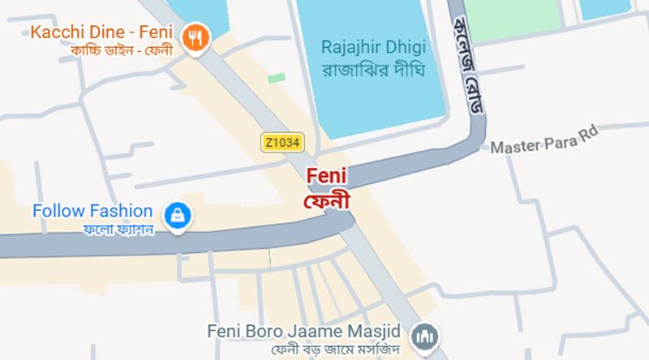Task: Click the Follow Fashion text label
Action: click(x=92, y=212)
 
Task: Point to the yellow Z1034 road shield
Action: click(x=282, y=142)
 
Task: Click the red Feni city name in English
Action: click(x=325, y=174)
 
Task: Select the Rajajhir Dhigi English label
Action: click(x=373, y=45)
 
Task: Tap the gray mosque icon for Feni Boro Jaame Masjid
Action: click(x=422, y=335)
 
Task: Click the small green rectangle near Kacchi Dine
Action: click(x=277, y=78)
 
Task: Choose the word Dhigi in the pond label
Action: click(x=410, y=45)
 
